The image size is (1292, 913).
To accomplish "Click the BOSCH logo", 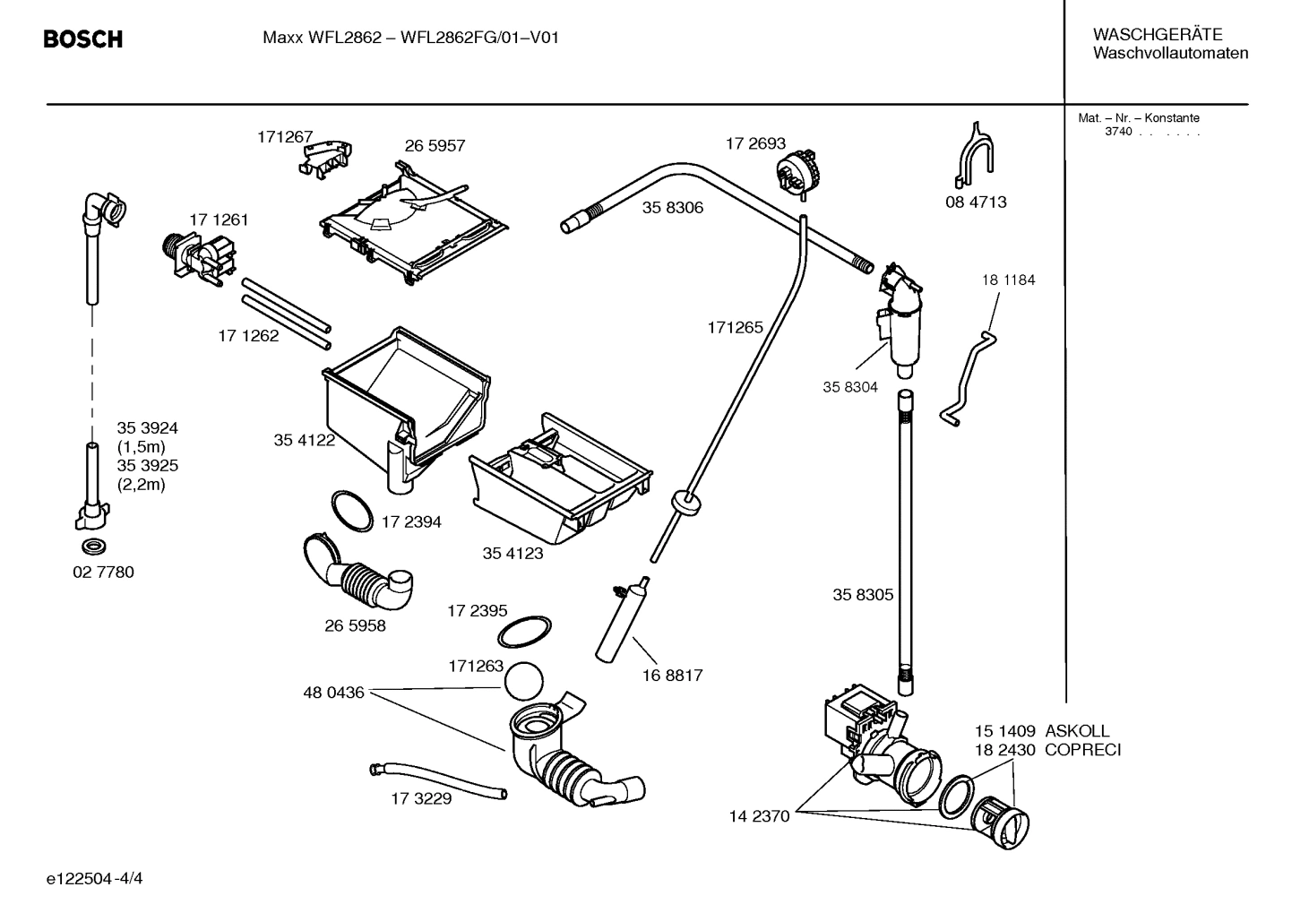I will coord(83,39).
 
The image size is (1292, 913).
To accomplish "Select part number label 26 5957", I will coord(435,146).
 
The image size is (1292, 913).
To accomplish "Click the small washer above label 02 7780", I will coord(92,546).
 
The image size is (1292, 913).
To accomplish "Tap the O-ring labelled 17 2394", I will coord(352,511).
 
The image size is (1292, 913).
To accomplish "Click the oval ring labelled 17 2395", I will coord(524,631).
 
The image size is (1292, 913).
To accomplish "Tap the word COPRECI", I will coord(1082,750).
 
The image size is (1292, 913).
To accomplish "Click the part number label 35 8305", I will coord(863,595).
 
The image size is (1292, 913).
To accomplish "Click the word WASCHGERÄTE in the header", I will coord(1157,35).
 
